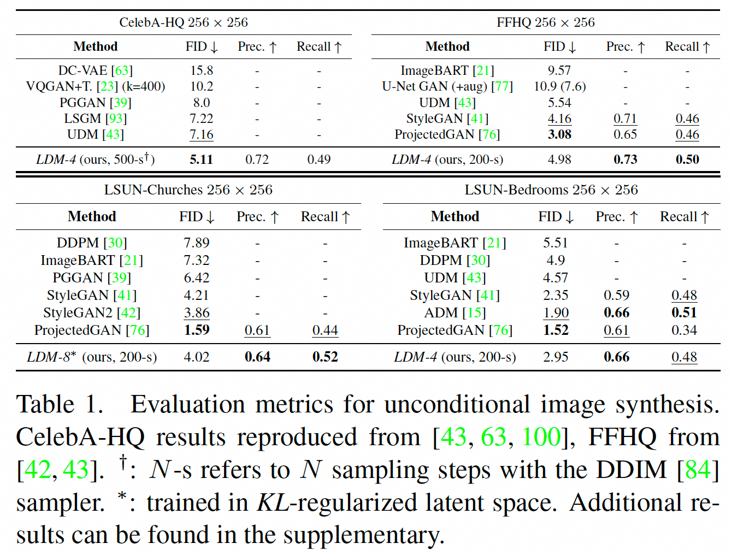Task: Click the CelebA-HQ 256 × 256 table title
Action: click(184, 22)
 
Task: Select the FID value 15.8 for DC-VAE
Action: click(202, 70)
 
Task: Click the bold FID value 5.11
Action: click(201, 160)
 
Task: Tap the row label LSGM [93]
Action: click(96, 119)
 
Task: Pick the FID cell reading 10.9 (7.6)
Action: click(559, 86)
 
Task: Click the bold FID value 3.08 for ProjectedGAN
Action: click(559, 134)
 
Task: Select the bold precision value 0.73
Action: click(625, 160)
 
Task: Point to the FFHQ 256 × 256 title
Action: click(545, 22)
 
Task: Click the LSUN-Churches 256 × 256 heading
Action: click(188, 190)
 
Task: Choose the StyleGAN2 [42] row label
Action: click(92, 312)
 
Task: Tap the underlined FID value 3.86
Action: click(197, 312)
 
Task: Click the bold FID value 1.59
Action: click(197, 330)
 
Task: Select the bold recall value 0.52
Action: click(325, 357)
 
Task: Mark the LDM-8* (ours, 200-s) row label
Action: click(92, 357)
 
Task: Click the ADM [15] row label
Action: click(455, 312)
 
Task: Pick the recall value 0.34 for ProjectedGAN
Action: click(684, 330)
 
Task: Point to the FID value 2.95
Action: click(556, 357)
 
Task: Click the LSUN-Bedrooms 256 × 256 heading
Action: click(551, 190)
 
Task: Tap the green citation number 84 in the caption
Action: click(698, 469)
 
